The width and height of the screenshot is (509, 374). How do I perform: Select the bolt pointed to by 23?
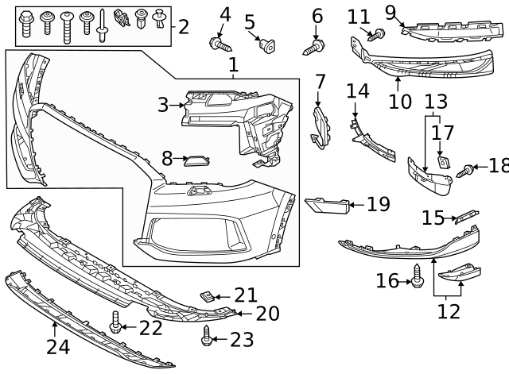pos(208,337)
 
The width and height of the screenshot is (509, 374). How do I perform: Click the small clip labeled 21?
pos(208,296)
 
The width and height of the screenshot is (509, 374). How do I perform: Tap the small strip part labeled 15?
pos(465,217)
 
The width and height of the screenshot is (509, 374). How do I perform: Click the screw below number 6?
pos(313,48)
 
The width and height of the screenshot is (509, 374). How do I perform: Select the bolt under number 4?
pos(217,44)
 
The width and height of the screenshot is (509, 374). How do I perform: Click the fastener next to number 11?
pos(379,34)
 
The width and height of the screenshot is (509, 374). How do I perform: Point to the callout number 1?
pos(233,65)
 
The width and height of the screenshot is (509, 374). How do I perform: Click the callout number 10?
pos(400,102)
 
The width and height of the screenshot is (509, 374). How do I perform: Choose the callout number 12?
pos(449,311)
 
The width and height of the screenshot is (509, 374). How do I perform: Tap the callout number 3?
pos(163,104)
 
